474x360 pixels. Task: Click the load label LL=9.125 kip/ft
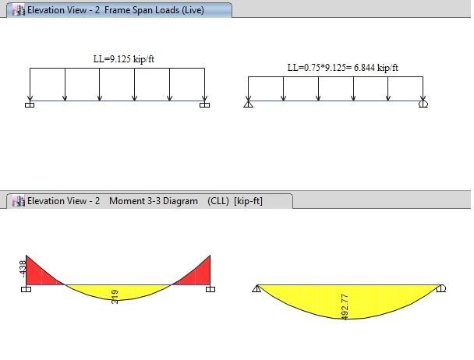tap(124, 59)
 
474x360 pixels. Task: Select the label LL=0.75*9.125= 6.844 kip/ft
tap(342, 68)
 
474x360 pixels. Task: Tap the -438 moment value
tap(23, 269)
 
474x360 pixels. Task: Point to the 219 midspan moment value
tap(115, 297)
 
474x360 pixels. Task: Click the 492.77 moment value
tap(345, 307)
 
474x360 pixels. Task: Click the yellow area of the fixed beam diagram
tap(118, 291)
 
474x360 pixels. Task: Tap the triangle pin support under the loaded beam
tap(248, 104)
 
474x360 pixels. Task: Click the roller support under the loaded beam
tap(423, 104)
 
